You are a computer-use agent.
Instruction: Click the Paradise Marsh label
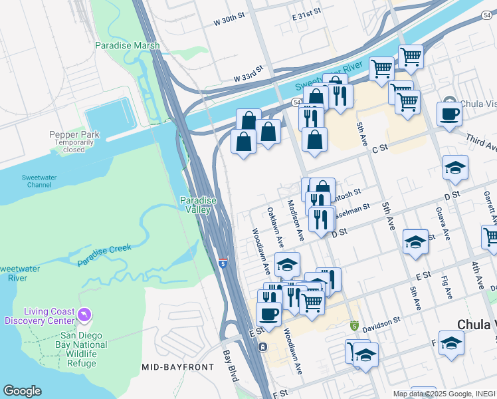coord(127,45)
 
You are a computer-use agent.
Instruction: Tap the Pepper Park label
coord(74,135)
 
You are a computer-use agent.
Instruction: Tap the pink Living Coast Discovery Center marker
coord(84,314)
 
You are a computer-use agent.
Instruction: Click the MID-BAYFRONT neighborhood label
coord(178,367)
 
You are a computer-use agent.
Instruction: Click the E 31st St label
coord(306,13)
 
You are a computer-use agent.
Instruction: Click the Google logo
coord(22,390)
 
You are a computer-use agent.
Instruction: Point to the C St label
coord(379,150)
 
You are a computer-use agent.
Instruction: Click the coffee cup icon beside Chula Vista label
coord(449,114)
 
